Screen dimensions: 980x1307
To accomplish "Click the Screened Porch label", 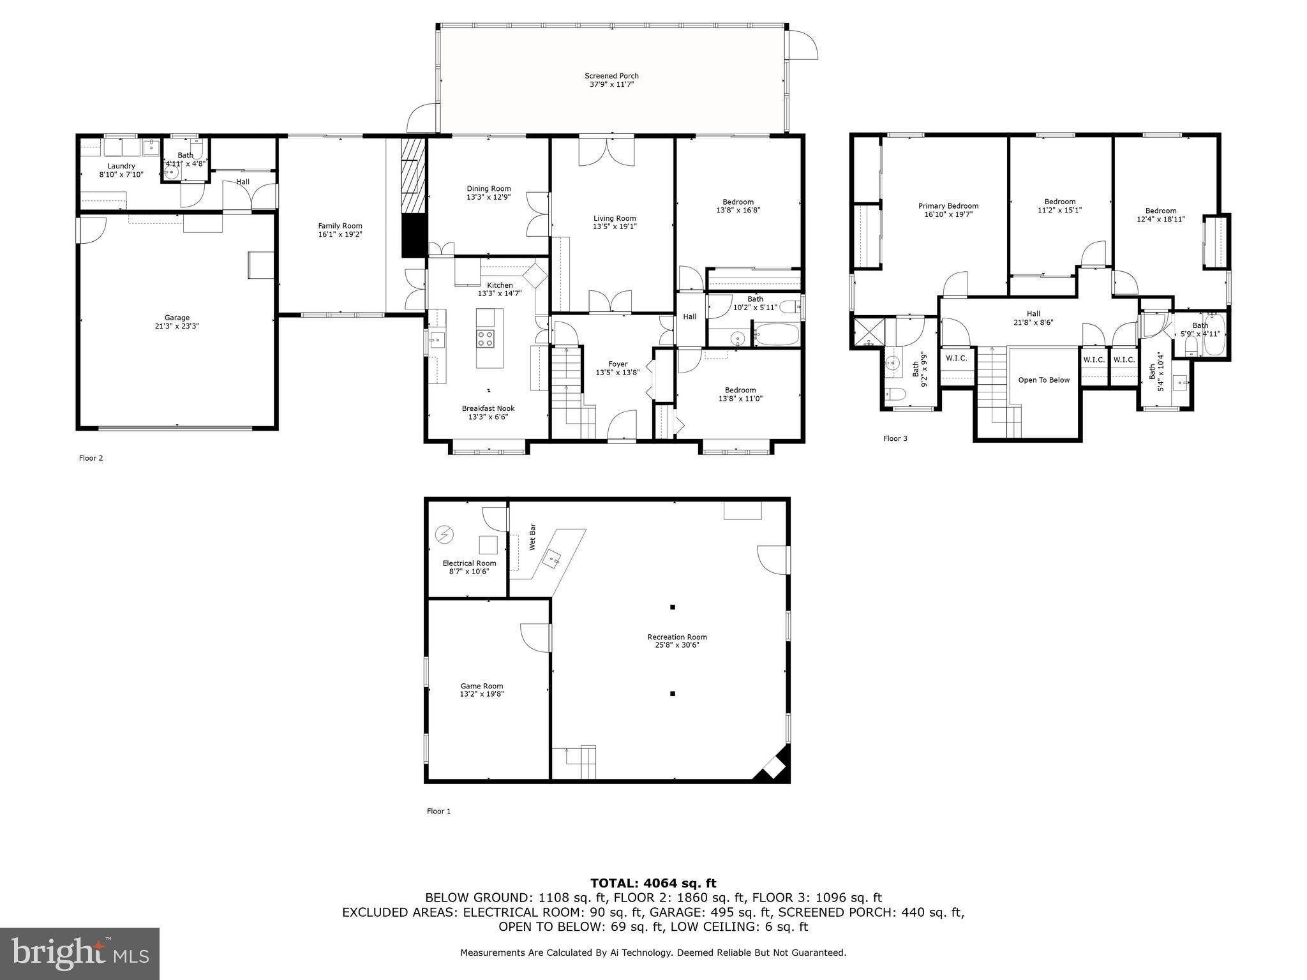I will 611,76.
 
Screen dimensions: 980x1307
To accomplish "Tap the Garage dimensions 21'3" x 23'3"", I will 177,326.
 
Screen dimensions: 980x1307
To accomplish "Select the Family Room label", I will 340,226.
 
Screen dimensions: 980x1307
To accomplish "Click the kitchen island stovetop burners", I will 485,338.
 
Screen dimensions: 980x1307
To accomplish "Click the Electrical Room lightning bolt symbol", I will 444,534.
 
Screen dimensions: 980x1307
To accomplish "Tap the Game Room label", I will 482,687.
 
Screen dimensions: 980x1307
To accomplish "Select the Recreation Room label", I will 676,637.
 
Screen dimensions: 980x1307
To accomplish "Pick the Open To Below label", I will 1043,380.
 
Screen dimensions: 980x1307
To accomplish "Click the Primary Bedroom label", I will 948,206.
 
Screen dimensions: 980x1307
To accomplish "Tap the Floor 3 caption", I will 895,438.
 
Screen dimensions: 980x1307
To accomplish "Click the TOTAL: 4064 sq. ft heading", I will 653,884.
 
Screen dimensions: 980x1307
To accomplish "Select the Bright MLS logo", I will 80,953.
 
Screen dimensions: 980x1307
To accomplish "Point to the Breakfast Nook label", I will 488,408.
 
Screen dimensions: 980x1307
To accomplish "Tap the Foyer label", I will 617,364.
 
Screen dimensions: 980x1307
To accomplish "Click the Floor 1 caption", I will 438,812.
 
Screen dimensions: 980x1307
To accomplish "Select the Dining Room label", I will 488,189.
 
